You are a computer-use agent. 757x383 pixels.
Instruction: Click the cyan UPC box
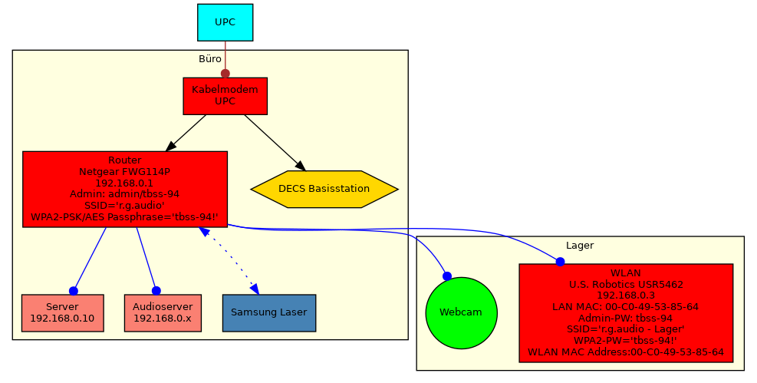point(225,22)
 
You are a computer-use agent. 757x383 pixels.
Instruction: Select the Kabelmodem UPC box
point(225,95)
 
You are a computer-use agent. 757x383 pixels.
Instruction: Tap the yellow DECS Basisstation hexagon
point(324,189)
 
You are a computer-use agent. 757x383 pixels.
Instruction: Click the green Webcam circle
point(461,312)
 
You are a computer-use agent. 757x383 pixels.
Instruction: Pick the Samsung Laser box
point(268,312)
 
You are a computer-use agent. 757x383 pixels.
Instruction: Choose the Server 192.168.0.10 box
point(62,312)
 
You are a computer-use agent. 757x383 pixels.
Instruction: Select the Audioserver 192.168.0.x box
point(162,312)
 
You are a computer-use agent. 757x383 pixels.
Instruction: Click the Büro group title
point(210,59)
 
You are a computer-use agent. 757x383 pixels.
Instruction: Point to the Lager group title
point(580,246)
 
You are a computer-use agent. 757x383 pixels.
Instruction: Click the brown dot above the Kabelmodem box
point(225,74)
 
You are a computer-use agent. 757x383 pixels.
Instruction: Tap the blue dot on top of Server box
point(74,291)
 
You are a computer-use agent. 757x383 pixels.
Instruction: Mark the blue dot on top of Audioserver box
point(156,291)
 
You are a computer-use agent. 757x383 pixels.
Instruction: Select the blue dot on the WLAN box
point(560,262)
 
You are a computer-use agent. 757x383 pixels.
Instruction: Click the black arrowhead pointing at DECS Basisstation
point(300,165)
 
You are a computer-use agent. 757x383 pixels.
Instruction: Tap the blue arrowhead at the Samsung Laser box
point(254,288)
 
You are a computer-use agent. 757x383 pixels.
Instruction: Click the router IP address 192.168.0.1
point(124,183)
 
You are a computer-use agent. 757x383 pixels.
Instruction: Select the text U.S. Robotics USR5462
point(626,284)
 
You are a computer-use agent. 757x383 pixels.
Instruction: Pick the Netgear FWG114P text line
point(124,172)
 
